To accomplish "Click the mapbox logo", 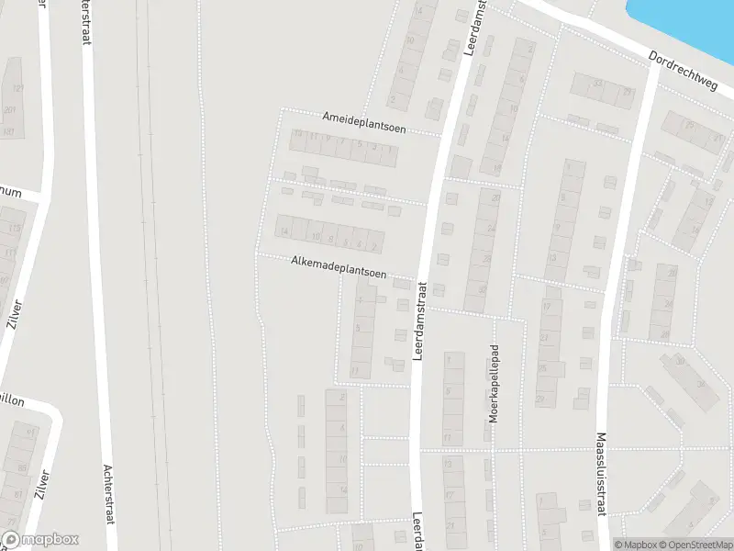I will click(40, 540).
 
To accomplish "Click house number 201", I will click(9, 110).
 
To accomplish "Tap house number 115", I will click(13, 227).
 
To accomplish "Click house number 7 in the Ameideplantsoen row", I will click(342, 141).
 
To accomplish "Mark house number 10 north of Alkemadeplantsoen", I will click(316, 237).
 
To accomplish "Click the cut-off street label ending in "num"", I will click(11, 192).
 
